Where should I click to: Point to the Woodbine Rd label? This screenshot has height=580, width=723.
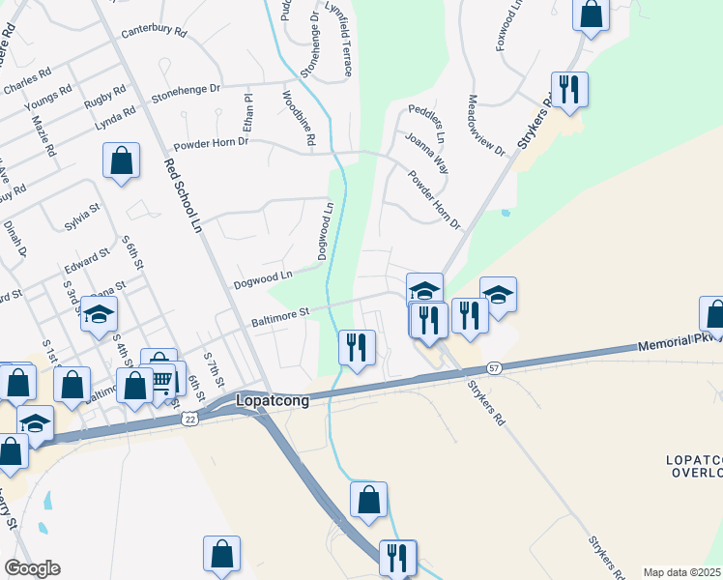point(298,118)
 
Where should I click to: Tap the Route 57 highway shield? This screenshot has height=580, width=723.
point(494,368)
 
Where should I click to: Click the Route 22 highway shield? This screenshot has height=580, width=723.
point(188,416)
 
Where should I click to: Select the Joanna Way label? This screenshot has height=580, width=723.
point(426,152)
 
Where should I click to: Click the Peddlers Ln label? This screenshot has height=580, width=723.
point(425,118)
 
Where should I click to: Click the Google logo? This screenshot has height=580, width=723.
point(32,568)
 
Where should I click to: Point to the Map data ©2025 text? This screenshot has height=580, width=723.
point(681,572)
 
